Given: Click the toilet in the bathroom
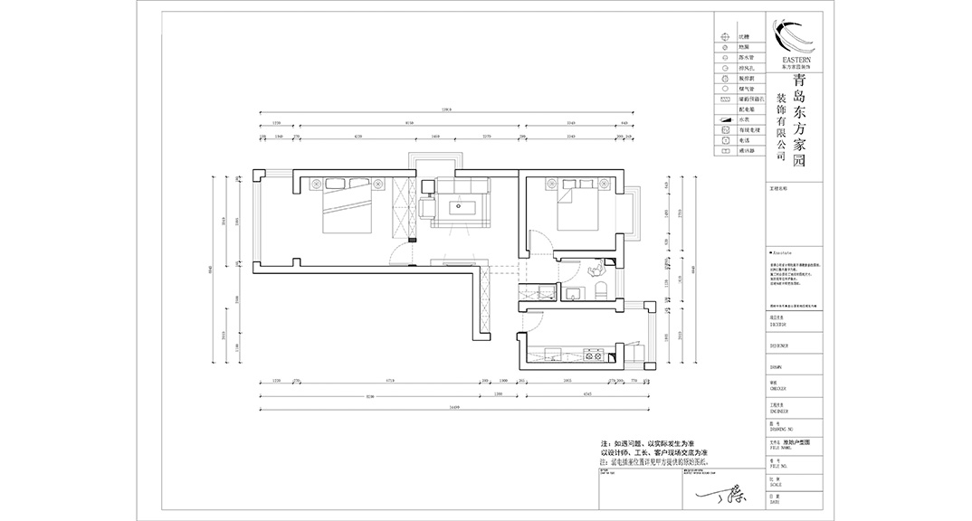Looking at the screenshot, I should pos(600,289).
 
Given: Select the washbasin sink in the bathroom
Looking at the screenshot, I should pos(572,292).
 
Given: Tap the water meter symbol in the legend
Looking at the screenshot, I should pos(725,118).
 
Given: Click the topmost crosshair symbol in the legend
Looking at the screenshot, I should pos(725,36).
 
